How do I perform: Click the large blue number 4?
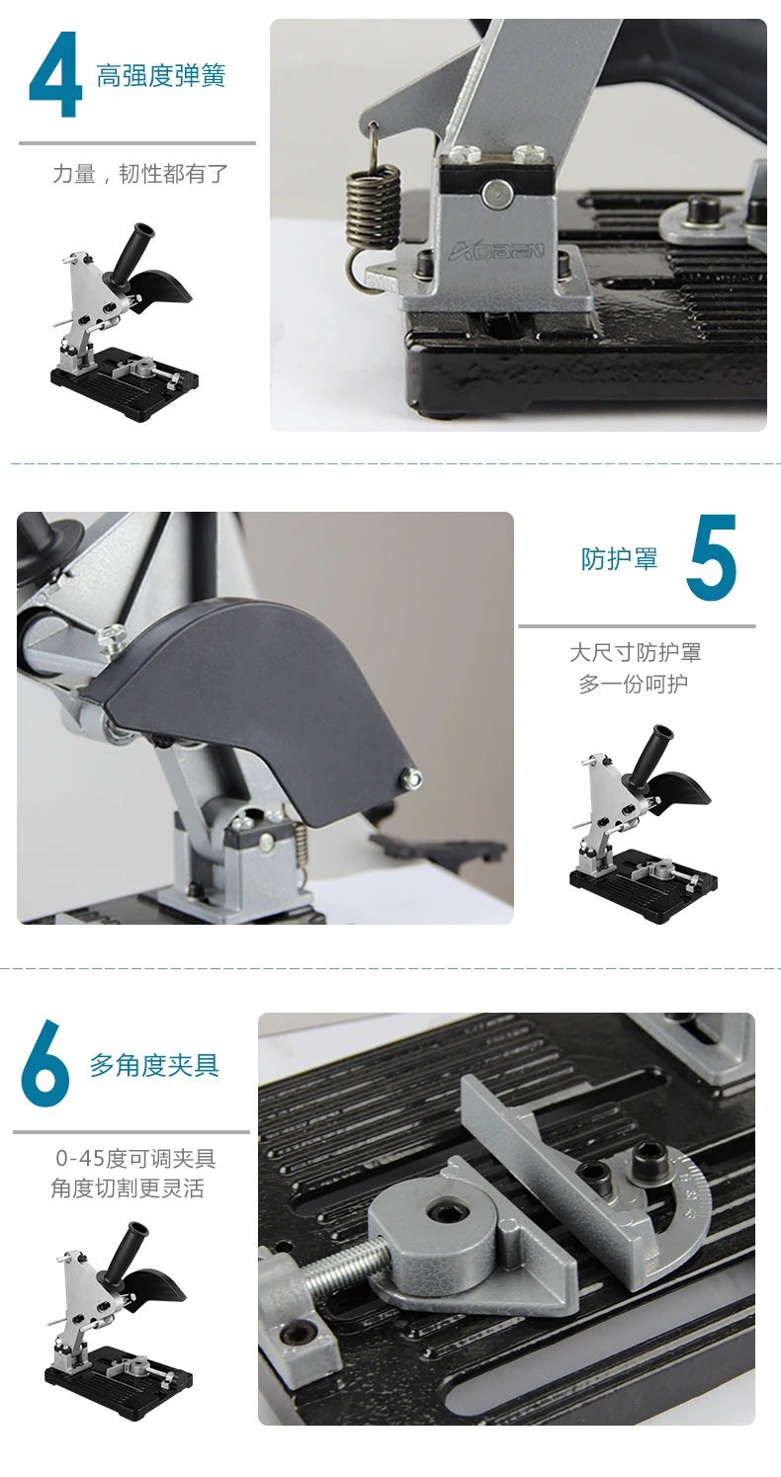click(x=55, y=74)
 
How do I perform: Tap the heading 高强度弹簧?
click(x=161, y=76)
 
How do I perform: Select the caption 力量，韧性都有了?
click(x=139, y=174)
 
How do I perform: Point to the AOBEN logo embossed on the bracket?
click(x=496, y=251)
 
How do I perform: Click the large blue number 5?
click(x=711, y=557)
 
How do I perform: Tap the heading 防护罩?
click(x=620, y=558)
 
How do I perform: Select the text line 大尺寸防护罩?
click(x=636, y=653)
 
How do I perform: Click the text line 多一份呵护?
click(x=634, y=684)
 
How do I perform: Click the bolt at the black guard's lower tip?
click(x=413, y=778)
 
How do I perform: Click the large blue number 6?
click(x=44, y=1063)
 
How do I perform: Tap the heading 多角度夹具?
click(x=154, y=1065)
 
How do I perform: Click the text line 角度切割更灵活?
click(x=128, y=1189)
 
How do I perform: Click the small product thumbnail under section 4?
click(x=125, y=322)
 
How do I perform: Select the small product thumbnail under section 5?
click(x=644, y=824)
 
